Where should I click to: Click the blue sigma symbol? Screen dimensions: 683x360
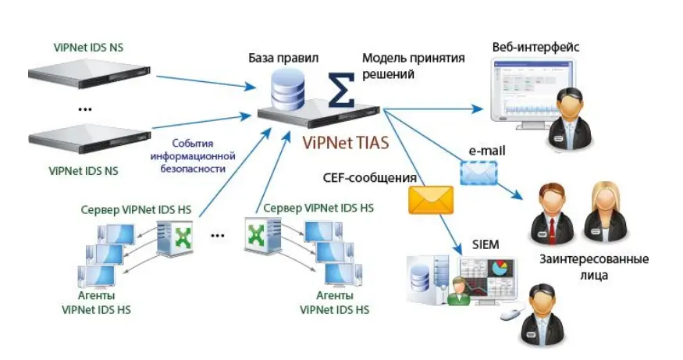tap(341, 90)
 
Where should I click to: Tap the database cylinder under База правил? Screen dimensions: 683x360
tap(287, 90)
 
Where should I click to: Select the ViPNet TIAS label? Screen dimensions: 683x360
tap(346, 143)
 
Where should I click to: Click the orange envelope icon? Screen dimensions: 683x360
tap(430, 200)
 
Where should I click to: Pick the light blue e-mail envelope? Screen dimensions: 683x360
tap(478, 173)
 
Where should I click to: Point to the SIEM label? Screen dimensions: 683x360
tap(486, 244)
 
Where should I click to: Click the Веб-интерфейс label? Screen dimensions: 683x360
tap(535, 47)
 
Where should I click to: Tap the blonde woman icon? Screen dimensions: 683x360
tap(606, 213)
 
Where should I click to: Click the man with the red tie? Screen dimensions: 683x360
tap(551, 215)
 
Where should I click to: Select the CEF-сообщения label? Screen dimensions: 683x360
tap(369, 178)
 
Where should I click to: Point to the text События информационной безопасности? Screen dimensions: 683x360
tap(193, 155)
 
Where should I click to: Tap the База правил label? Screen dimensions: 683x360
tap(283, 58)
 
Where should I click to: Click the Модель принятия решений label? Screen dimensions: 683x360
tap(414, 66)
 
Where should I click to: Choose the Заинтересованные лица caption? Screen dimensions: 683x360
tap(594, 267)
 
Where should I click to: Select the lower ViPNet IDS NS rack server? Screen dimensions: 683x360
tap(90, 139)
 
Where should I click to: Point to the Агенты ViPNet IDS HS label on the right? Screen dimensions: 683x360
tap(335, 302)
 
